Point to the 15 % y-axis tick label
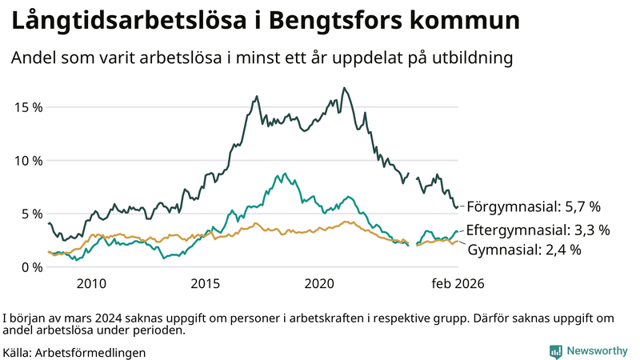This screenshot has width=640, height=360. pos(27,106)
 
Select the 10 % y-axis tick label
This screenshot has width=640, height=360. pos(27,160)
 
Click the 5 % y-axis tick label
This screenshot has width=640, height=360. pos(31,214)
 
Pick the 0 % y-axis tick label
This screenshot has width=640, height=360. pos(31,267)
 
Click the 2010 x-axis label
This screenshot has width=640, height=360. pos(91,284)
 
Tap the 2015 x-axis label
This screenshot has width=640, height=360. pos(206,284)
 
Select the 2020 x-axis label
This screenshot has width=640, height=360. pos(320,284)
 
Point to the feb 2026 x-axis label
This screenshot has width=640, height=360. pos(458,284)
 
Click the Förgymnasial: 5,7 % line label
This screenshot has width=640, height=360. pos(534,206)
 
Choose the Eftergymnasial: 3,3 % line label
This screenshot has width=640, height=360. pos(538,230)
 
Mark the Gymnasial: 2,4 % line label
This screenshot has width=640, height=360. pos(524,250)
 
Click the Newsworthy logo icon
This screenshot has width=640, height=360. pos(555,351)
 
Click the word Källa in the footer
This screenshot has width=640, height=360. pos(22,352)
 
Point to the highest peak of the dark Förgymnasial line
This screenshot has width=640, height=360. pos(344,88)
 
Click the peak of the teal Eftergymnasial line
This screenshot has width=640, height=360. pos(282,173)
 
